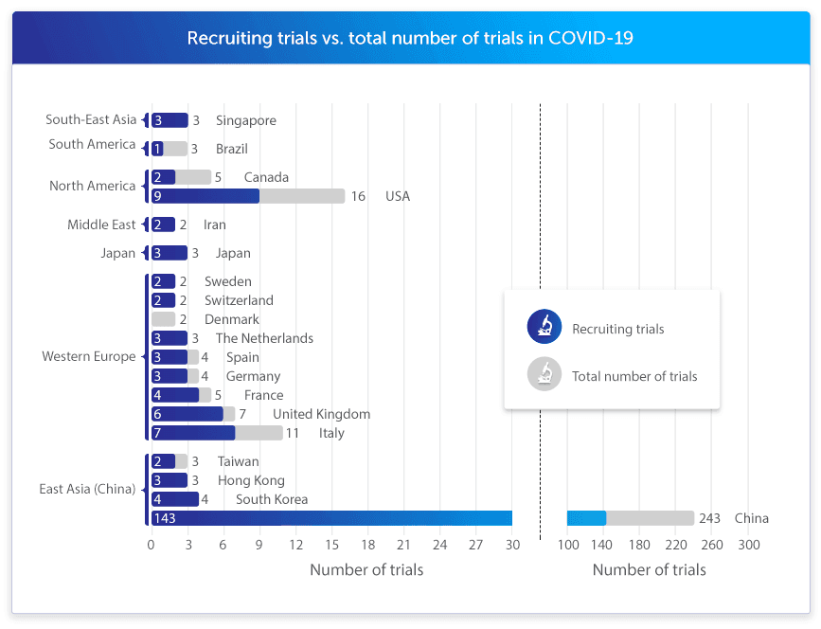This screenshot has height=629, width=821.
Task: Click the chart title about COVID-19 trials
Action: [410, 38]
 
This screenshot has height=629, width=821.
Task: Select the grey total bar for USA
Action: [302, 196]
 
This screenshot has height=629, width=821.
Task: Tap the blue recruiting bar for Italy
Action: [193, 433]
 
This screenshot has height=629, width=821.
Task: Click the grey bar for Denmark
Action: [163, 319]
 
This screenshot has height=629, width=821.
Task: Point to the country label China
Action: [751, 518]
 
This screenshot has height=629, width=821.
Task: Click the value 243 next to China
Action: [710, 518]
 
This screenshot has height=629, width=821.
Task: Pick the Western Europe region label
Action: [89, 357]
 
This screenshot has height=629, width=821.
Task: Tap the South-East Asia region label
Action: [91, 120]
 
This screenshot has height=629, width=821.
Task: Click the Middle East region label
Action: [101, 225]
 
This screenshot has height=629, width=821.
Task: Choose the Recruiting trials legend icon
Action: [544, 328]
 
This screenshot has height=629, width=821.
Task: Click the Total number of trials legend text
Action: [634, 376]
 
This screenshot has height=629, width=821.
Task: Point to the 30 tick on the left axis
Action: [512, 545]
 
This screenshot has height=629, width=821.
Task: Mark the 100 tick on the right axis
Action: [567, 545]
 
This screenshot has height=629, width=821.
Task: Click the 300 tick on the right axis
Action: [748, 545]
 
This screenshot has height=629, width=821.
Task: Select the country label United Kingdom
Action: [321, 414]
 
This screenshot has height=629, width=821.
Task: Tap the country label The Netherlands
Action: [264, 338]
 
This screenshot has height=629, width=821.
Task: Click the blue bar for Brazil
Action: [157, 149]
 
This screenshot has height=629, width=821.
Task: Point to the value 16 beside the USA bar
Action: [358, 196]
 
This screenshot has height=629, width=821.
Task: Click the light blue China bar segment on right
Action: [586, 518]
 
